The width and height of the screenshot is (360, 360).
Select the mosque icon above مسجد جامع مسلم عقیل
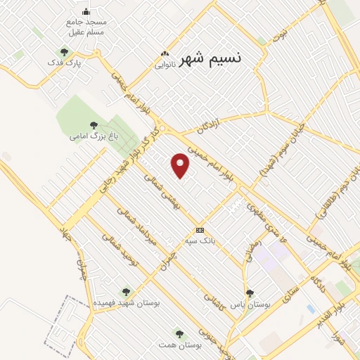click(x=86, y=11)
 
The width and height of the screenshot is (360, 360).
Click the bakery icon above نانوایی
click(x=165, y=53)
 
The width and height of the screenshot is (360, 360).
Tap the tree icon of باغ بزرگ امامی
click(x=94, y=125)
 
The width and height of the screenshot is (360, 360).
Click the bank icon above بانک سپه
click(x=200, y=231)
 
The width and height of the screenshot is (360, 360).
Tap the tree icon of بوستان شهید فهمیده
click(x=126, y=291)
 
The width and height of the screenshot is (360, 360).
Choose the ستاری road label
click(x=289, y=289)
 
